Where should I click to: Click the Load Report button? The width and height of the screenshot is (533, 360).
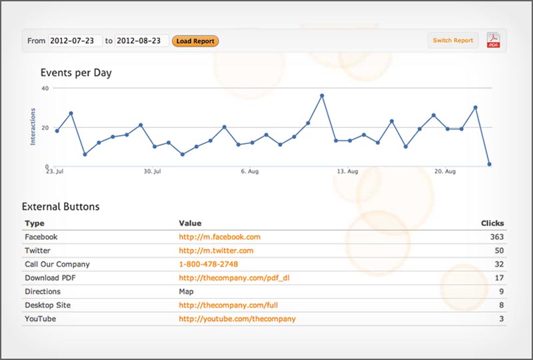[195, 41]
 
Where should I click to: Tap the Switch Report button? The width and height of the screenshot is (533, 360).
[452, 41]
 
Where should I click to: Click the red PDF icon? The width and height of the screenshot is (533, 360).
[494, 41]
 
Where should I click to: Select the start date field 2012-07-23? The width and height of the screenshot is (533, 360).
[75, 41]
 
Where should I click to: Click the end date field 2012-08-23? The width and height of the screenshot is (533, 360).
[142, 41]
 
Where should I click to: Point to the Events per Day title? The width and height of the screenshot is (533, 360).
[76, 73]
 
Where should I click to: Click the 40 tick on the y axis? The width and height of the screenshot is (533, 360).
[45, 88]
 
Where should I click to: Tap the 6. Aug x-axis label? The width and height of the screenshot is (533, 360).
[249, 172]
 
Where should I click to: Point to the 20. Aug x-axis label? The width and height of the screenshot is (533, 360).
[445, 172]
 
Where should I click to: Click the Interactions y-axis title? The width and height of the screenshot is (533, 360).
[32, 126]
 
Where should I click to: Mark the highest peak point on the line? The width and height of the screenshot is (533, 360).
[322, 95]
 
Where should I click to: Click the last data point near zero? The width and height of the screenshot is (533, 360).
[489, 164]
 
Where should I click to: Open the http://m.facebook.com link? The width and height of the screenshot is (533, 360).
[219, 237]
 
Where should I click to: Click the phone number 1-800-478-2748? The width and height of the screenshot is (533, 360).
[208, 264]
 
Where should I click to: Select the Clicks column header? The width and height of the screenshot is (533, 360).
[492, 223]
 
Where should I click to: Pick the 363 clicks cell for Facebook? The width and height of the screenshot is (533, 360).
[495, 237]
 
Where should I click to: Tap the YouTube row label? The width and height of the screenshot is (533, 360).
[40, 319]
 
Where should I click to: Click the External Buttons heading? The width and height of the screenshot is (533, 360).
[61, 207]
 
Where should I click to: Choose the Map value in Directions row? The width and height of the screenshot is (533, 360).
[187, 291]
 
